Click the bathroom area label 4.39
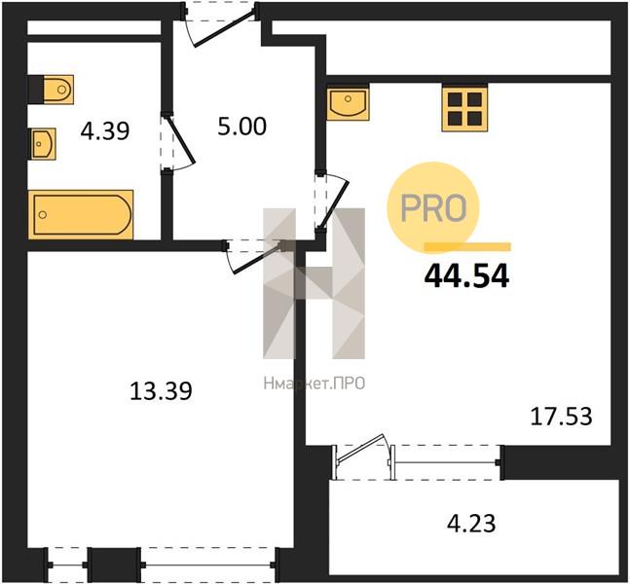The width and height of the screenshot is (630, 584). pyautogui.click(x=105, y=131)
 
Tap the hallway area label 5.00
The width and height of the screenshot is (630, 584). pyautogui.click(x=241, y=126)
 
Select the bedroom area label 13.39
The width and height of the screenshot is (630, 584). pyautogui.click(x=161, y=391)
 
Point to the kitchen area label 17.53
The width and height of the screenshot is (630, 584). pyautogui.click(x=561, y=417)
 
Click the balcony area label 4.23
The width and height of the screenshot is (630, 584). pyautogui.click(x=471, y=524)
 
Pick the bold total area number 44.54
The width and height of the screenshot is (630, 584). pyautogui.click(x=466, y=276)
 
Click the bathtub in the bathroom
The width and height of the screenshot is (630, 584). pyautogui.click(x=81, y=214)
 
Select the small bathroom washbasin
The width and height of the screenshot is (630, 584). pyautogui.click(x=44, y=143)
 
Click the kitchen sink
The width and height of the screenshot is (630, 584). pyautogui.click(x=348, y=103)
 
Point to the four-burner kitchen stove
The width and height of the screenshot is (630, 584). pyautogui.click(x=464, y=108)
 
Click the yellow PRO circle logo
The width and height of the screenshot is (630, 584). pyautogui.click(x=433, y=208)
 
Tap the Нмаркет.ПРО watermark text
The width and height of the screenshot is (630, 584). pyautogui.click(x=315, y=383)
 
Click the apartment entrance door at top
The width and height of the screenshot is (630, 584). pyautogui.click(x=220, y=25)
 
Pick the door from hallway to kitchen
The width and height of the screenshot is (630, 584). pyautogui.click(x=332, y=202)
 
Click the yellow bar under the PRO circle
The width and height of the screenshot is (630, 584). pyautogui.click(x=467, y=247)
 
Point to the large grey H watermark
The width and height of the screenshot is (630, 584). pyautogui.click(x=314, y=283)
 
